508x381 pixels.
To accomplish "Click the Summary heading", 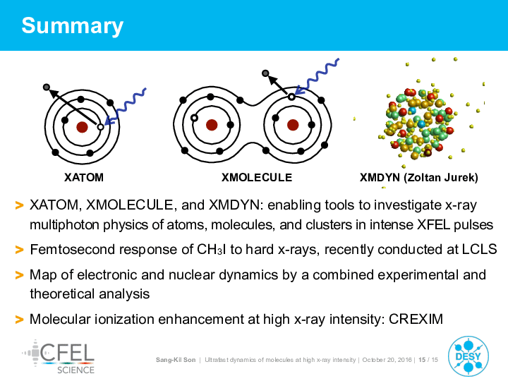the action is pos(72,26).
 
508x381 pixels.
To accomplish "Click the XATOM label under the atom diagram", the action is pos(83,178).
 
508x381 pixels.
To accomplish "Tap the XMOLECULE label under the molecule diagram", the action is pos(257,178).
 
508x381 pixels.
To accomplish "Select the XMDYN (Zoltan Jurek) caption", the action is pos(418,178).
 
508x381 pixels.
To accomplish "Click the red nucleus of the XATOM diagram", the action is pos(82,127).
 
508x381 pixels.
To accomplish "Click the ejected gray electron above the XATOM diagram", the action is pos(47,87).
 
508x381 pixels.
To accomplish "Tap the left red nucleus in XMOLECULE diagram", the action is pos(212,125).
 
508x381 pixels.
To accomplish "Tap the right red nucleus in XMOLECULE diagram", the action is pos(293,125).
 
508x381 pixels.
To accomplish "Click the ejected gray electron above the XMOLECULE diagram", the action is pos(265,73).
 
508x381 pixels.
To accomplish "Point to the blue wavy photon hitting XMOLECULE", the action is pos(317,77).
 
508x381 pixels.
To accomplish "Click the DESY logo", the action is pos(468,356).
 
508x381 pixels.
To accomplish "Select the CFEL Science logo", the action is pos(59,357).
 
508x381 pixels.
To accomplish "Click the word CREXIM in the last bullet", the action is pos(416,319).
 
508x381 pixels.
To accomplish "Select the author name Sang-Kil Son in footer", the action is pos(176,360).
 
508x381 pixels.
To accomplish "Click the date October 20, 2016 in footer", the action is pos(387,360).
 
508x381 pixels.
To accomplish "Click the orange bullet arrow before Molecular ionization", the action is pos(20,320).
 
